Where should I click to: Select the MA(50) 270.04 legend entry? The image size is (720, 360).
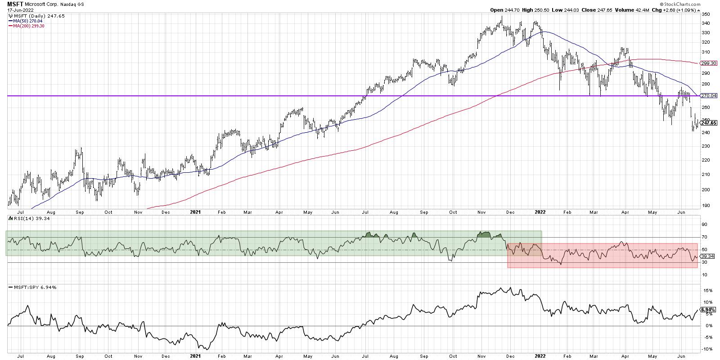27,20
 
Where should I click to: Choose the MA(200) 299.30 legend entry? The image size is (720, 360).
28,26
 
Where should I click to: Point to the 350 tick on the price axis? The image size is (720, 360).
705,14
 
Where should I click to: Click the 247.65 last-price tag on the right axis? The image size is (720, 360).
708,122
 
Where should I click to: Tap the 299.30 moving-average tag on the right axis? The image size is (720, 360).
708,63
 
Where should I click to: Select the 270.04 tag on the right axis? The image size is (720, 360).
708,95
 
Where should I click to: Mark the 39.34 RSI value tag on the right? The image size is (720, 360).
707,256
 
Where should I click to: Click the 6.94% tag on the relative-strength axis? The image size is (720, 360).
707,310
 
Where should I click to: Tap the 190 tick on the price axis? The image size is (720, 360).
705,206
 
